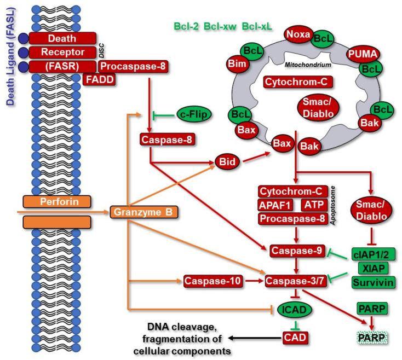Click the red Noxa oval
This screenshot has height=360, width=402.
coord(297,36)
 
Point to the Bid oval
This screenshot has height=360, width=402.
coord(226,164)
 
